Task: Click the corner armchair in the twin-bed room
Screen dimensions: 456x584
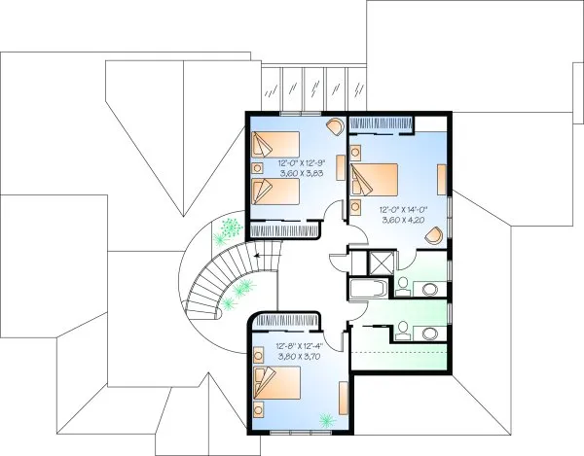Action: pos(333,125)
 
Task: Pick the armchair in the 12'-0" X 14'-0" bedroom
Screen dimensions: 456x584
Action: pos(436,233)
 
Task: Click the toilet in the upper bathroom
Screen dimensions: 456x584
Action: pos(402,285)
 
